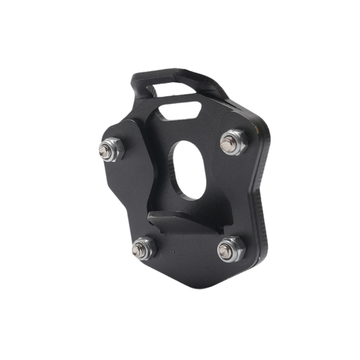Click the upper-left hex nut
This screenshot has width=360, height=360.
(110, 149)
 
